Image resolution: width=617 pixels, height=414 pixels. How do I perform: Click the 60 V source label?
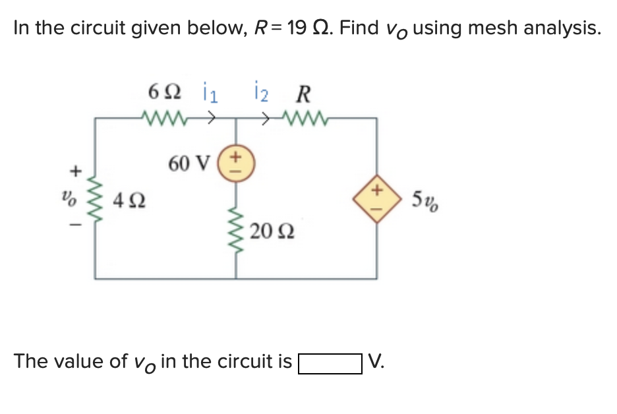(189, 163)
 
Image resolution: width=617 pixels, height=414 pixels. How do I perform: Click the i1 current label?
(208, 94)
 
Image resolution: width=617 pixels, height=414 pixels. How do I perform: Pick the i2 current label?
(262, 94)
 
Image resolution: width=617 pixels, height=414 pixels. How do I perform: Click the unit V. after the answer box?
(376, 362)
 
